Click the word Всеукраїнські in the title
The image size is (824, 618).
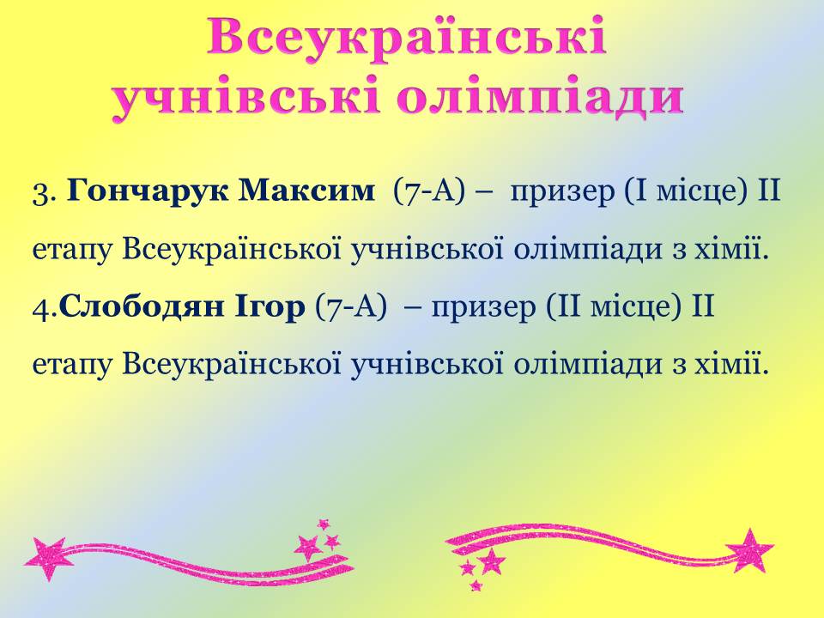point(406,37)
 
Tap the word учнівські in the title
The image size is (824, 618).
point(245,98)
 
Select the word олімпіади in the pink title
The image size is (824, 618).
point(540,98)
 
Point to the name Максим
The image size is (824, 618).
point(307,191)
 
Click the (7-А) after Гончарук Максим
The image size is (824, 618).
point(430,192)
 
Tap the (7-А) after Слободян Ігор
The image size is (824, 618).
point(350,307)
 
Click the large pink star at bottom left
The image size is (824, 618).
point(46,559)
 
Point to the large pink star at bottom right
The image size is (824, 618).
point(750,550)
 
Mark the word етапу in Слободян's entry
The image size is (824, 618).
point(73,366)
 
